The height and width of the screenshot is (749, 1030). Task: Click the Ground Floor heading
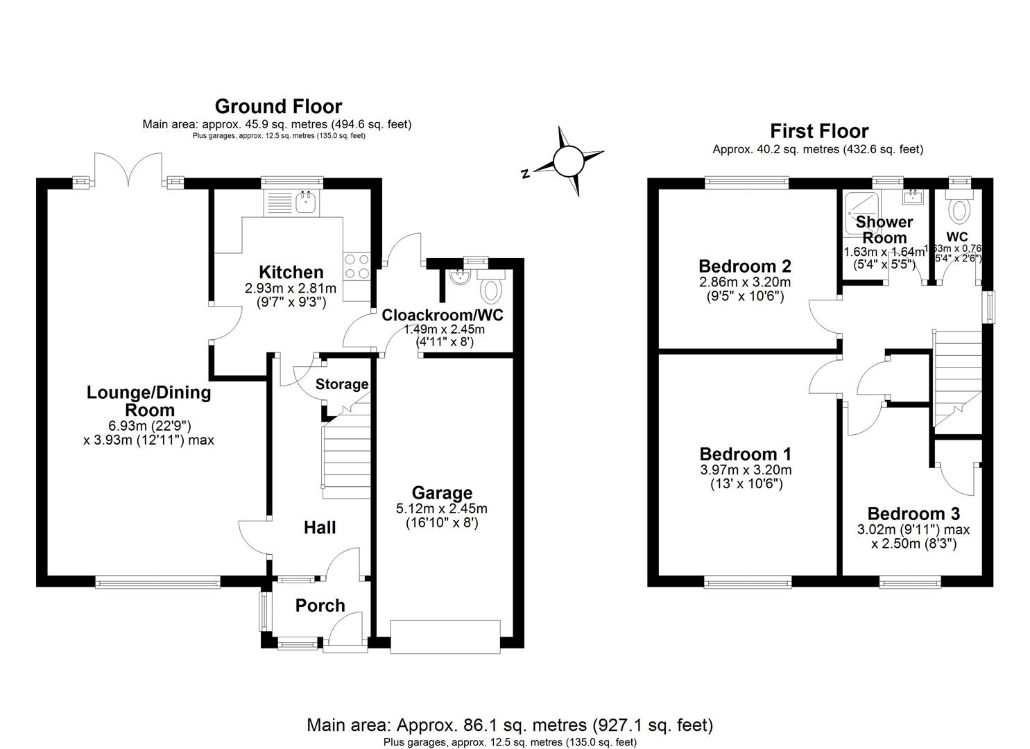click(278, 107)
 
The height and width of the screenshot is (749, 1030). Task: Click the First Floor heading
click(818, 131)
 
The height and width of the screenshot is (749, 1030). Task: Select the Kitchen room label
click(291, 272)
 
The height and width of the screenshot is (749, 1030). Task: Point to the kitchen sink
click(306, 202)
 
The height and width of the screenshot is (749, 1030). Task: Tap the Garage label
click(442, 493)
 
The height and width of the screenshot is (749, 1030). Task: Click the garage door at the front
click(445, 636)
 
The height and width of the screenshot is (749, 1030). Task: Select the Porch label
click(320, 605)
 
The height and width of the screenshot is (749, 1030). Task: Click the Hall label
click(320, 528)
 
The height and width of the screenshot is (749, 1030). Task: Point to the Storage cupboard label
click(342, 384)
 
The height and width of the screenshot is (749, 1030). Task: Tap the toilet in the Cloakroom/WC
click(492, 288)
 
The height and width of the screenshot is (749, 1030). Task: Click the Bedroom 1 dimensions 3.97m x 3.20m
click(746, 470)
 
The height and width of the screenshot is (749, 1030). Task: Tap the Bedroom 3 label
click(913, 514)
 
